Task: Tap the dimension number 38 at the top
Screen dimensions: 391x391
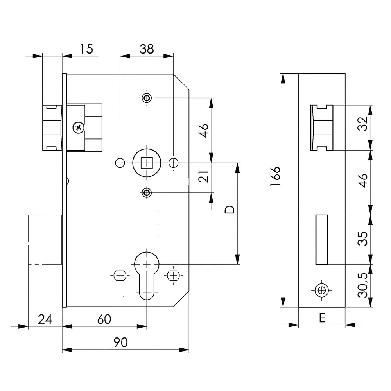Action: (147, 49)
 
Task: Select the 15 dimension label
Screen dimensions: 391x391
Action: (86, 49)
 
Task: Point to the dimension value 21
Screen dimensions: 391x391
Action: (203, 178)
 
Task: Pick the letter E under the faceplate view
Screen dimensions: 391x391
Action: (322, 318)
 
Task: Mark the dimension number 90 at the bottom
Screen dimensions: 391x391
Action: (121, 343)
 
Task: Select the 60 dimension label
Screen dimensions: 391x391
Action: (104, 319)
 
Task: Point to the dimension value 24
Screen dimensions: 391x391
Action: (45, 319)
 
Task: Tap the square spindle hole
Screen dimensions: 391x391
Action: (147, 162)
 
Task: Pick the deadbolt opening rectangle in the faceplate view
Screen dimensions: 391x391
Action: (321, 239)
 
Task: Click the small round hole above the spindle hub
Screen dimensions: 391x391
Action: (147, 97)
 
